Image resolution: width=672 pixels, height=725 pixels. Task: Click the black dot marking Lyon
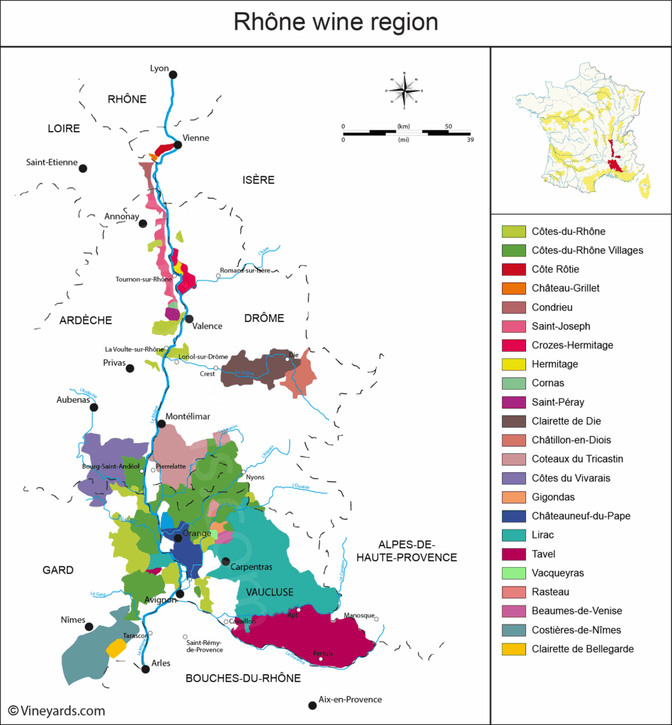(x=173, y=74)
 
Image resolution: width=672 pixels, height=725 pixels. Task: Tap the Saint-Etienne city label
(x=52, y=162)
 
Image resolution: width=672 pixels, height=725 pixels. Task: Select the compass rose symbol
(x=404, y=91)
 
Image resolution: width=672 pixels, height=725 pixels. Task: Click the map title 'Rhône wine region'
(x=336, y=23)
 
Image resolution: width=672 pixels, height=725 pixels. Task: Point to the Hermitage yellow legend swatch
(x=513, y=364)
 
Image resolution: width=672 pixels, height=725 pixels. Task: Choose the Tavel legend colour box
(x=513, y=554)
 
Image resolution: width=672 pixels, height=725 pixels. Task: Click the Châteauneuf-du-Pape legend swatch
(x=513, y=516)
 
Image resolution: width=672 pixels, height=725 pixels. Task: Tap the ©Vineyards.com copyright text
(x=57, y=711)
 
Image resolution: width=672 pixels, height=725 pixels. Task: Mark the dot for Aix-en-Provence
(x=312, y=705)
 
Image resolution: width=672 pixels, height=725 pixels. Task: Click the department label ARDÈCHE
(x=86, y=320)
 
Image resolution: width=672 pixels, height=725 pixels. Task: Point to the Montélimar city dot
(x=161, y=424)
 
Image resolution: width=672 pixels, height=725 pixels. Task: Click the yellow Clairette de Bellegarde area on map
(x=115, y=648)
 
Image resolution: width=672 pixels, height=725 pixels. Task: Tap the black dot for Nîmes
(x=89, y=627)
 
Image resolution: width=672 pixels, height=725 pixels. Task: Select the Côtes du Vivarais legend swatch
(x=513, y=478)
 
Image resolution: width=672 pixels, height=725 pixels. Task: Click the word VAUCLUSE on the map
(x=270, y=592)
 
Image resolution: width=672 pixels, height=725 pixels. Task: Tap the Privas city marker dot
(x=130, y=368)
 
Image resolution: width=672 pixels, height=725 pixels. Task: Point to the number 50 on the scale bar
(x=448, y=126)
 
